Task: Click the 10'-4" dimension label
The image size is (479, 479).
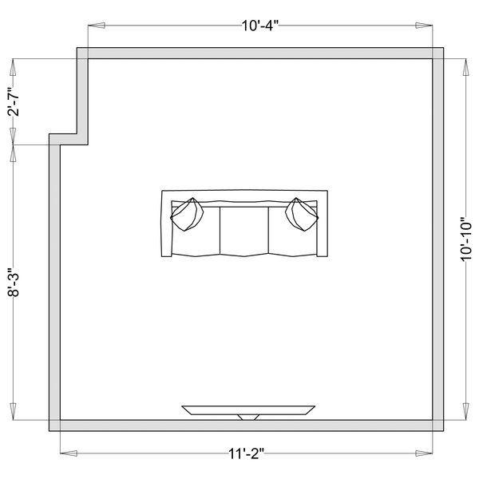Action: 260,26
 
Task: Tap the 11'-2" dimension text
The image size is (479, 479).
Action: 246,453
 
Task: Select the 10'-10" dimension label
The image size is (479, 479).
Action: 466,239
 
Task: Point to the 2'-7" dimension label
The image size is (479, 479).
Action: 14,101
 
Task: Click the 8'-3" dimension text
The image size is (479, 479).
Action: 14,283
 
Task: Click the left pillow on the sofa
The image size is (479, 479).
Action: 187,215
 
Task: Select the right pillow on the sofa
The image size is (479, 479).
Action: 302,215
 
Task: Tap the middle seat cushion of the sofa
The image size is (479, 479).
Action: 244,232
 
